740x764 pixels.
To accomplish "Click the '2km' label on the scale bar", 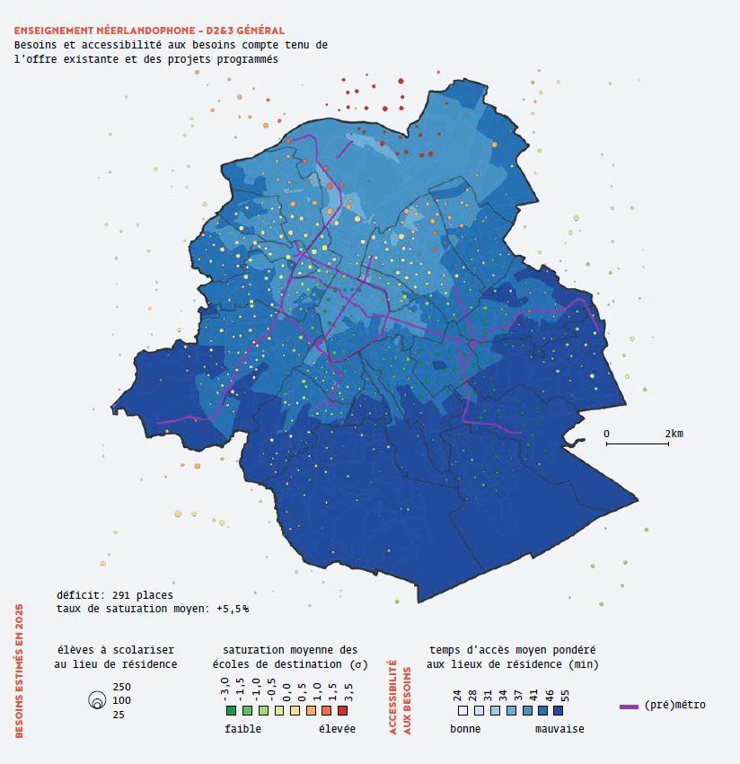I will pos(674,434).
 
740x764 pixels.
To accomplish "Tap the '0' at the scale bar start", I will pos(606,434).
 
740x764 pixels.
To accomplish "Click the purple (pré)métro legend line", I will pos(629,707).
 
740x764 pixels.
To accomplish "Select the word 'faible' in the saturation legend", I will pos(242,729).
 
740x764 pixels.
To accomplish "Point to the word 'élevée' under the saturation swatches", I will pos(337,729).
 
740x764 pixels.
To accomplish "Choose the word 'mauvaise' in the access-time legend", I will pos(559,729).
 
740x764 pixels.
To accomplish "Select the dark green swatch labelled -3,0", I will pos(231,710).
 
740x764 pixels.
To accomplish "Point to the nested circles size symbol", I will pos(96,702).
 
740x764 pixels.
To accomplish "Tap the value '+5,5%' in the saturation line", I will pos(233,608).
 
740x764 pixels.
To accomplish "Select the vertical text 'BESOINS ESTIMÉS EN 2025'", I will pos(19,671).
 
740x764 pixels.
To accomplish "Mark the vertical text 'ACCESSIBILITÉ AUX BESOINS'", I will pos(399,698).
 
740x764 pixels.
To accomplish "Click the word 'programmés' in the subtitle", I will pos(248,59).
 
